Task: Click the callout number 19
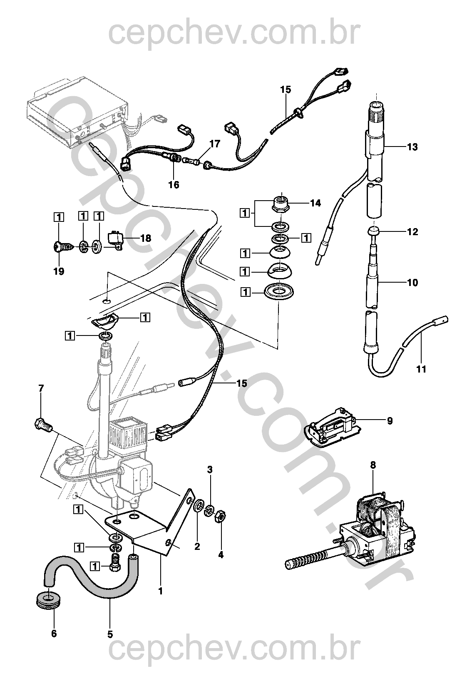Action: tap(59, 271)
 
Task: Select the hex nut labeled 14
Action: tap(281, 204)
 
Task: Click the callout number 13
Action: tap(412, 147)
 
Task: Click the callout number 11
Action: tap(421, 369)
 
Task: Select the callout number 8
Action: tap(373, 465)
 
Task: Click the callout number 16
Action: tap(174, 184)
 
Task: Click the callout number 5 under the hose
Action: tap(110, 634)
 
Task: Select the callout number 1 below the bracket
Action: tap(161, 590)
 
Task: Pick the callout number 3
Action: tap(210, 470)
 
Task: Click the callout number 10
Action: tap(412, 283)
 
